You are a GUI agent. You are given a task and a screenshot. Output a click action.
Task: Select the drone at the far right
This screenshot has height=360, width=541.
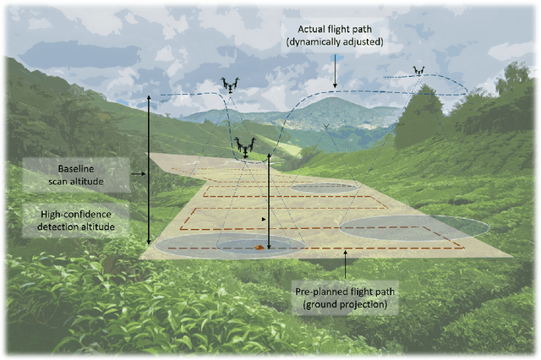pos(418,71)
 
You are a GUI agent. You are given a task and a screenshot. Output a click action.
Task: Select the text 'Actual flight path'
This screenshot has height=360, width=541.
pos(335,28)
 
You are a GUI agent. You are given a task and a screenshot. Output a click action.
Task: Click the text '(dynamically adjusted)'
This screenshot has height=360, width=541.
pos(335,41)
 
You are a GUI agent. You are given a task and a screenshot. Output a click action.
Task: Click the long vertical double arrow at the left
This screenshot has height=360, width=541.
pos(150,169)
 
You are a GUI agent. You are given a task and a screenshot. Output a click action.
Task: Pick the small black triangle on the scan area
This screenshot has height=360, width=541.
pos(265,219)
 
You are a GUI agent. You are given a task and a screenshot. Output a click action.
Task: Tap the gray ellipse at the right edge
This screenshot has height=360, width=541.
pos(414,226)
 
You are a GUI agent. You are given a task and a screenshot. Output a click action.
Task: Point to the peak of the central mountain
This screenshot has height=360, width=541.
pos(331,99)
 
